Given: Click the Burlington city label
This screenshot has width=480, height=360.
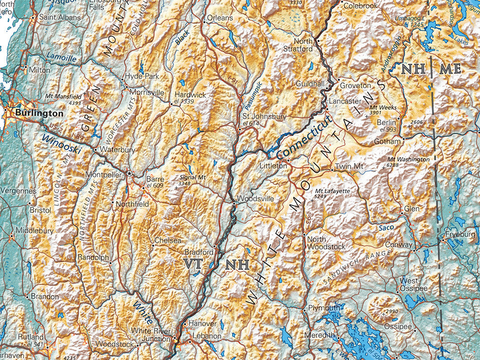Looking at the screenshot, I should pyautogui.click(x=38, y=113).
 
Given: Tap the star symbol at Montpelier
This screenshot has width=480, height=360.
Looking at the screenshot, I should pyautogui.click(x=129, y=173).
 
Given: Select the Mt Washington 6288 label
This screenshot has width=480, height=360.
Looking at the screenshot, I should pyautogui.click(x=408, y=162).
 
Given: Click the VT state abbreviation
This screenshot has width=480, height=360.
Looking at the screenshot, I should pyautogui.click(x=193, y=263).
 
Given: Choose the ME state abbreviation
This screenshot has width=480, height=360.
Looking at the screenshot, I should pyautogui.click(x=450, y=69).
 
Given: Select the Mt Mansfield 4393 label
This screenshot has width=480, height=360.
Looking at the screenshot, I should pyautogui.click(x=63, y=99).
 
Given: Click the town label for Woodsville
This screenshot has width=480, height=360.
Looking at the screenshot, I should pyautogui.click(x=255, y=199).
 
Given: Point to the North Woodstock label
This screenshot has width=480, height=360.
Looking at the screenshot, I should pyautogui.click(x=326, y=243).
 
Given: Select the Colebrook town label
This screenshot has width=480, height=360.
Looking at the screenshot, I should pyautogui.click(x=360, y=6).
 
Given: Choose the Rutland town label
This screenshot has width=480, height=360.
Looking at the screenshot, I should pyautogui.click(x=31, y=337).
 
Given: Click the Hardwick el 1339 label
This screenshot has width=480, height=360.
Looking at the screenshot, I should pyautogui.click(x=190, y=97).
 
